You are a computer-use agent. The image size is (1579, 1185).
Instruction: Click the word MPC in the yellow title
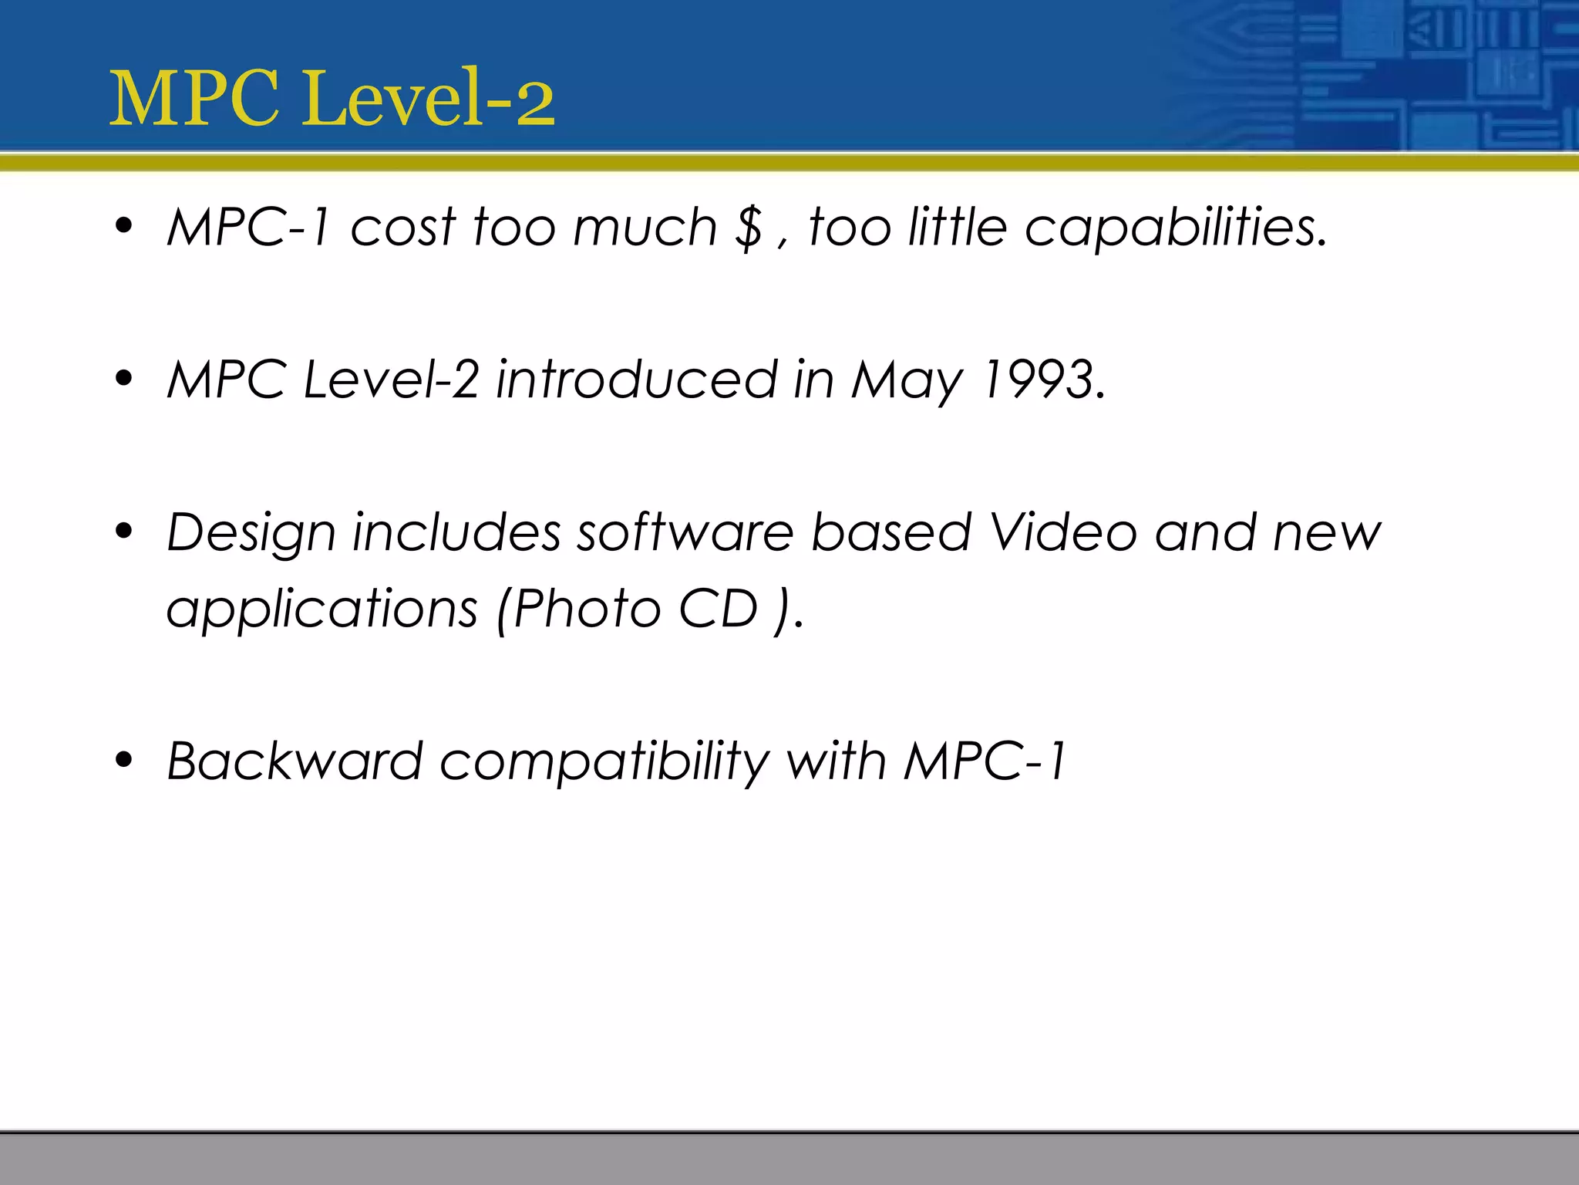194,99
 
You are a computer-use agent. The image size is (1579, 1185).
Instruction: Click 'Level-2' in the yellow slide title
428,99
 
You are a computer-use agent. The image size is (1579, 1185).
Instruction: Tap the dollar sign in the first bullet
749,228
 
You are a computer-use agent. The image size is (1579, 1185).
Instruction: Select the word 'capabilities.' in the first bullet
1176,228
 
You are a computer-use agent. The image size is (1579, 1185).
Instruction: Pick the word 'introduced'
636,380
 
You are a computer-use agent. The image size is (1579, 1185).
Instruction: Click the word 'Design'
251,534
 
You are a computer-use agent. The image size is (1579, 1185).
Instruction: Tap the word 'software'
685,532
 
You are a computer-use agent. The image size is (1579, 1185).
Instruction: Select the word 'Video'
1063,532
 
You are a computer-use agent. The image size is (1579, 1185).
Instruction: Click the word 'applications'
322,609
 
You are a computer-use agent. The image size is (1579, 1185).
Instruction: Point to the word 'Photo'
587,609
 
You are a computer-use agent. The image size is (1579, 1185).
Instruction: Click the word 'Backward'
295,761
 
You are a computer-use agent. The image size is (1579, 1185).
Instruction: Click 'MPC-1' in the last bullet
985,761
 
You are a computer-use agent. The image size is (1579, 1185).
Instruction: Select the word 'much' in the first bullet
645,228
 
